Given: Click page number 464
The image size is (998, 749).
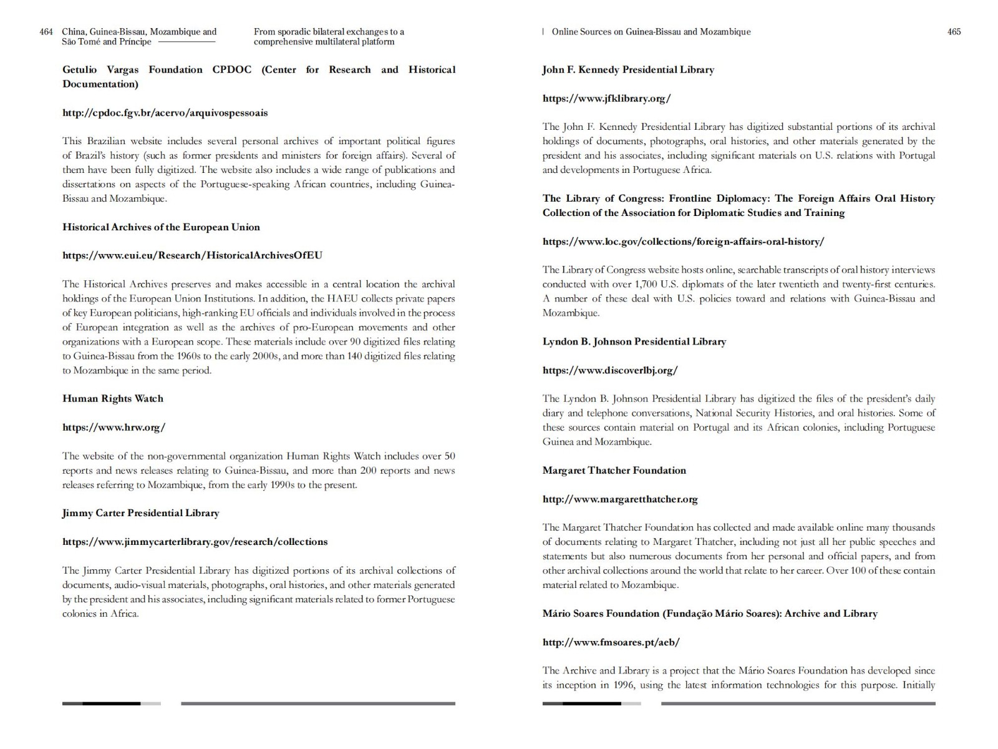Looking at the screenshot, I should (x=46, y=32).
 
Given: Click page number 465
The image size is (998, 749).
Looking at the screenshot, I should (x=954, y=32).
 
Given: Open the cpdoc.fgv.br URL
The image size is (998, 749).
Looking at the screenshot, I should (x=165, y=113).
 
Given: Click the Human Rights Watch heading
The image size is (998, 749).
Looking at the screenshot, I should (x=113, y=399).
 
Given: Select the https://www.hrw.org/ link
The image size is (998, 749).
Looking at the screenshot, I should (x=114, y=428).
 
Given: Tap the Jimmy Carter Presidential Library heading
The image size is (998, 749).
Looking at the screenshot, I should (x=140, y=513).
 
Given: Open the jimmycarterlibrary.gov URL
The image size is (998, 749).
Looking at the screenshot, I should (x=195, y=542).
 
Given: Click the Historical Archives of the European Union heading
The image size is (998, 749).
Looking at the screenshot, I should (x=161, y=227).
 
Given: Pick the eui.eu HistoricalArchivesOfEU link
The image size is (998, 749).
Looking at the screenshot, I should (x=192, y=255).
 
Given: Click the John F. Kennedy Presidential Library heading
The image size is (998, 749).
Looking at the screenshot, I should (x=628, y=70).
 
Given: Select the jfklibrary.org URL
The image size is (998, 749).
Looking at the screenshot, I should (x=606, y=98).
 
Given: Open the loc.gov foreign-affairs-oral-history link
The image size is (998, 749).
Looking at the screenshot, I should (x=683, y=242).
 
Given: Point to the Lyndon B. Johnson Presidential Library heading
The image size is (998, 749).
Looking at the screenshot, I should (x=634, y=342).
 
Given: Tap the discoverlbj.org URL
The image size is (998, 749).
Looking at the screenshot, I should (x=610, y=370).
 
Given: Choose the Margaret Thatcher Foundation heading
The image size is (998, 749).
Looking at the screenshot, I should (x=614, y=471).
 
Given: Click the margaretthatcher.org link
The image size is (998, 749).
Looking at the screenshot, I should (x=620, y=499).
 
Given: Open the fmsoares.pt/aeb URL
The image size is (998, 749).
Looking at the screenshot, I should (x=611, y=642).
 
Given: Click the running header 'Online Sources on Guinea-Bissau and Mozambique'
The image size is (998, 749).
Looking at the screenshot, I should (x=651, y=32).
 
